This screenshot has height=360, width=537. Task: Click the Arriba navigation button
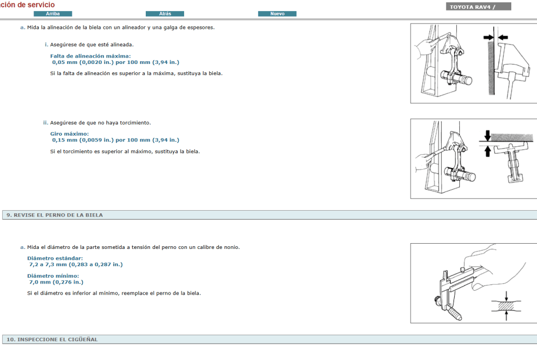(52, 14)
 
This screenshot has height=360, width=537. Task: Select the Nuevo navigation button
(277, 14)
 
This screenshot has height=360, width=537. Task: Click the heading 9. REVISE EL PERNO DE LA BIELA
(55, 215)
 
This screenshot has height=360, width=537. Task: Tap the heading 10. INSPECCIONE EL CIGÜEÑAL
(52, 340)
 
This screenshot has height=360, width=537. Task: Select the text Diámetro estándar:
(55, 258)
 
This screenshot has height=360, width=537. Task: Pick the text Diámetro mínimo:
(53, 276)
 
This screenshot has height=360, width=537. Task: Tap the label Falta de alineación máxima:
(90, 56)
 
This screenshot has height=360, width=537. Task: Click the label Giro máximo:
(69, 134)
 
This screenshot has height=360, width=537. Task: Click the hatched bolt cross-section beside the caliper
(506, 304)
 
